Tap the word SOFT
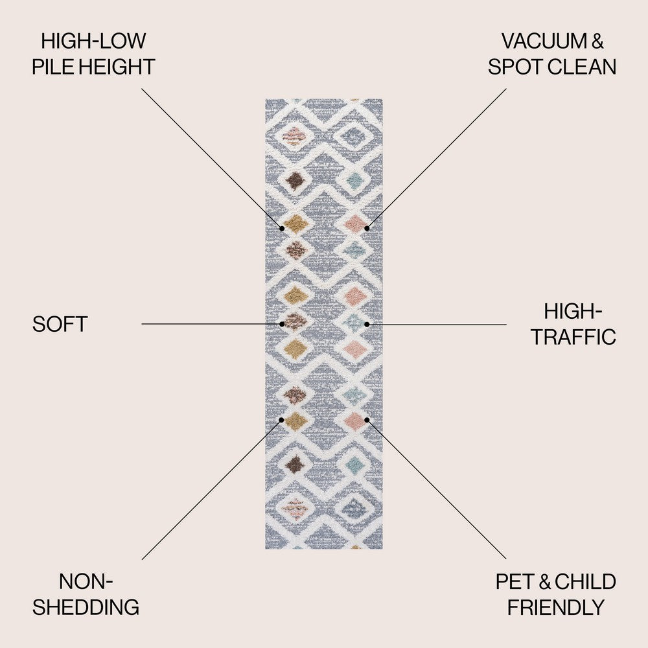point(60,325)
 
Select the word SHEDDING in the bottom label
point(86,607)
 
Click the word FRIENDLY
point(556,607)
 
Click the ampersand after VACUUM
point(597,41)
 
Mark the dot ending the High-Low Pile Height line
point(283,228)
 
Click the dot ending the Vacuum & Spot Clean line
point(367,228)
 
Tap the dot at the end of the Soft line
point(283,323)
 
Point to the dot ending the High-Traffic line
point(367,323)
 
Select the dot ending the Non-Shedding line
point(282,419)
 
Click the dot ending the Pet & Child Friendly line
point(367,419)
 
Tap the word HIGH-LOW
point(93,41)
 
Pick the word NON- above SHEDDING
point(86,582)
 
